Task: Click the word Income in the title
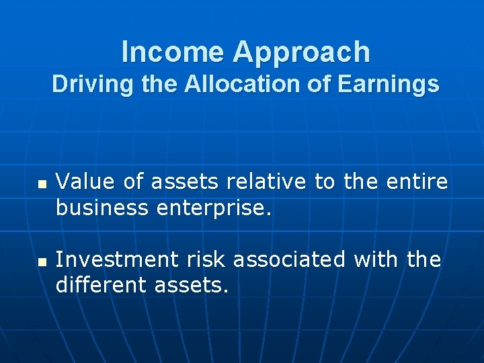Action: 161,52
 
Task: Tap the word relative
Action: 265,182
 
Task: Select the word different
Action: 102,286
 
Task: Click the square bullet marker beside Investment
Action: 42,261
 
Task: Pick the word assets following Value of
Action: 186,182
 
